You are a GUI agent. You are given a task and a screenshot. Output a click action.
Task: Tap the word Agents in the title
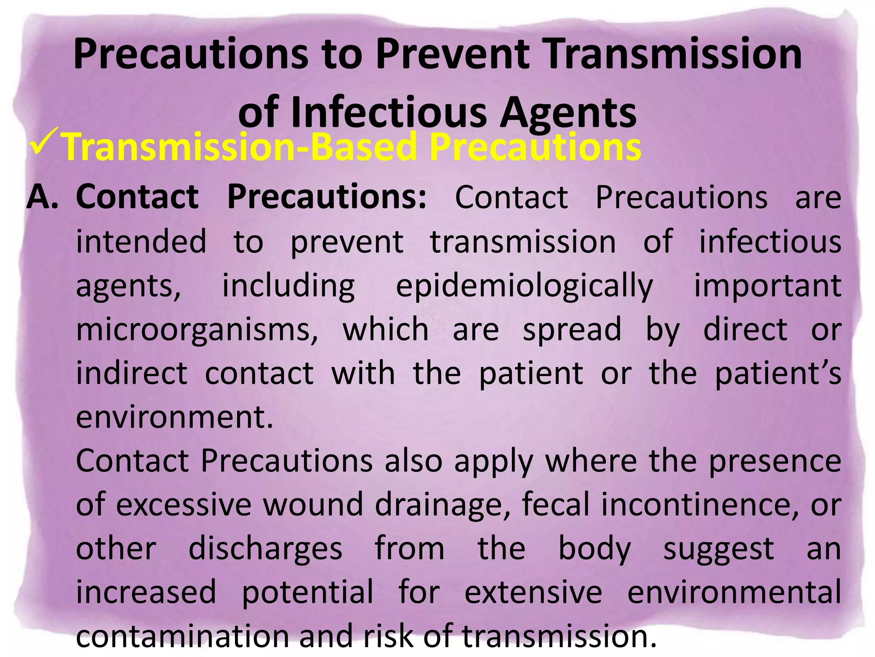[x=568, y=112]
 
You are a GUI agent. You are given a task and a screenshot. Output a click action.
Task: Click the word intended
[x=141, y=241]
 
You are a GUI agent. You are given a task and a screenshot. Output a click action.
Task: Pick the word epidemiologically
[x=524, y=286]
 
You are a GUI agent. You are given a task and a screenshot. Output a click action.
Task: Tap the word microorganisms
[x=197, y=330]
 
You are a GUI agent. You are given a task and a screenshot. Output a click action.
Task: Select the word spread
[x=572, y=330]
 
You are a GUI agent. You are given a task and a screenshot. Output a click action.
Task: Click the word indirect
[x=132, y=373]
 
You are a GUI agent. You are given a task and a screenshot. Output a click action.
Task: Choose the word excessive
[x=184, y=505]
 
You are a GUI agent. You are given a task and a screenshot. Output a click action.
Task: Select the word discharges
[x=265, y=549]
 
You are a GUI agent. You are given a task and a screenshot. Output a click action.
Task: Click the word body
[x=595, y=549]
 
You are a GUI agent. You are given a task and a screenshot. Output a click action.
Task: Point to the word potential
[x=308, y=593]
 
